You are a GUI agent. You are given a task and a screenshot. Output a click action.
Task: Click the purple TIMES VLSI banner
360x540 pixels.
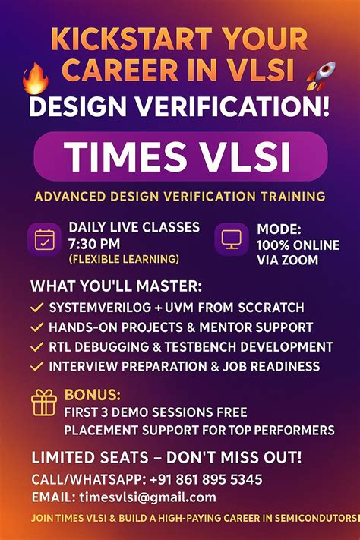pyautogui.click(x=180, y=156)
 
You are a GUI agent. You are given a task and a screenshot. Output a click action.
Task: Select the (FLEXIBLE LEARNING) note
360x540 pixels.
pyautogui.click(x=124, y=260)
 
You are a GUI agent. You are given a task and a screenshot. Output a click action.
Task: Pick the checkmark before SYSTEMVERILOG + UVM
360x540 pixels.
pyautogui.click(x=35, y=308)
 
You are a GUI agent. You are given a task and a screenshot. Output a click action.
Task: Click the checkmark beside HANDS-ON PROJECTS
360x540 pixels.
pyautogui.click(x=35, y=327)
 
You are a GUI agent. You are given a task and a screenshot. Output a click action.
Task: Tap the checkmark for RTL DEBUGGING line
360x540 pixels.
pyautogui.click(x=35, y=347)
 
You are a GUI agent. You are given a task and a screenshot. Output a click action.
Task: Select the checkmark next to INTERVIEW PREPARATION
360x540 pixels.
pyautogui.click(x=35, y=367)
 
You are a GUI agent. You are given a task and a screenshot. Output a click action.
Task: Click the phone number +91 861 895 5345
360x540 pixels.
pyautogui.click(x=204, y=480)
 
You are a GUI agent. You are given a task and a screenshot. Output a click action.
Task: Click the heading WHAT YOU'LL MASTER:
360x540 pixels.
pyautogui.click(x=116, y=288)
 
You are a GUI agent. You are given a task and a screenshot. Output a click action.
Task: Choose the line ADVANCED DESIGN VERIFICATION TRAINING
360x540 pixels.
pyautogui.click(x=180, y=197)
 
